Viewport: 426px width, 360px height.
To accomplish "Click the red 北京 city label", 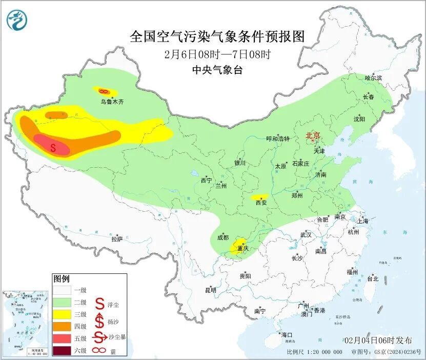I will click(313, 135).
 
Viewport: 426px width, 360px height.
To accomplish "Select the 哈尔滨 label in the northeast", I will click(373, 77).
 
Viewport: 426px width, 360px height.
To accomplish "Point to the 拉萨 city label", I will click(117, 238).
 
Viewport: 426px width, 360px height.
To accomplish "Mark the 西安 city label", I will click(261, 203).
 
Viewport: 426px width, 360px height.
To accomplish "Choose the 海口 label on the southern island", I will click(287, 335).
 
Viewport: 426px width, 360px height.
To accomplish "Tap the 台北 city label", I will click(372, 278).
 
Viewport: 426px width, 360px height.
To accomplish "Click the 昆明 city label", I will click(210, 290).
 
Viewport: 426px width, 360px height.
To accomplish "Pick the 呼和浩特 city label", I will click(278, 139).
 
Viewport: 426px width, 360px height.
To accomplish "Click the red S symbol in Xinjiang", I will click(53, 147).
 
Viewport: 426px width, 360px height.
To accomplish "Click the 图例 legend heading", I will click(61, 279).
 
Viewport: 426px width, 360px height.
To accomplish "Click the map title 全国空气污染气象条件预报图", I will click(217, 36).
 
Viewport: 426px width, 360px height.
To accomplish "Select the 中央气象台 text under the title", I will click(217, 70).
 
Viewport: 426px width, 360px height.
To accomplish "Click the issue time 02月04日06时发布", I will click(378, 340).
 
